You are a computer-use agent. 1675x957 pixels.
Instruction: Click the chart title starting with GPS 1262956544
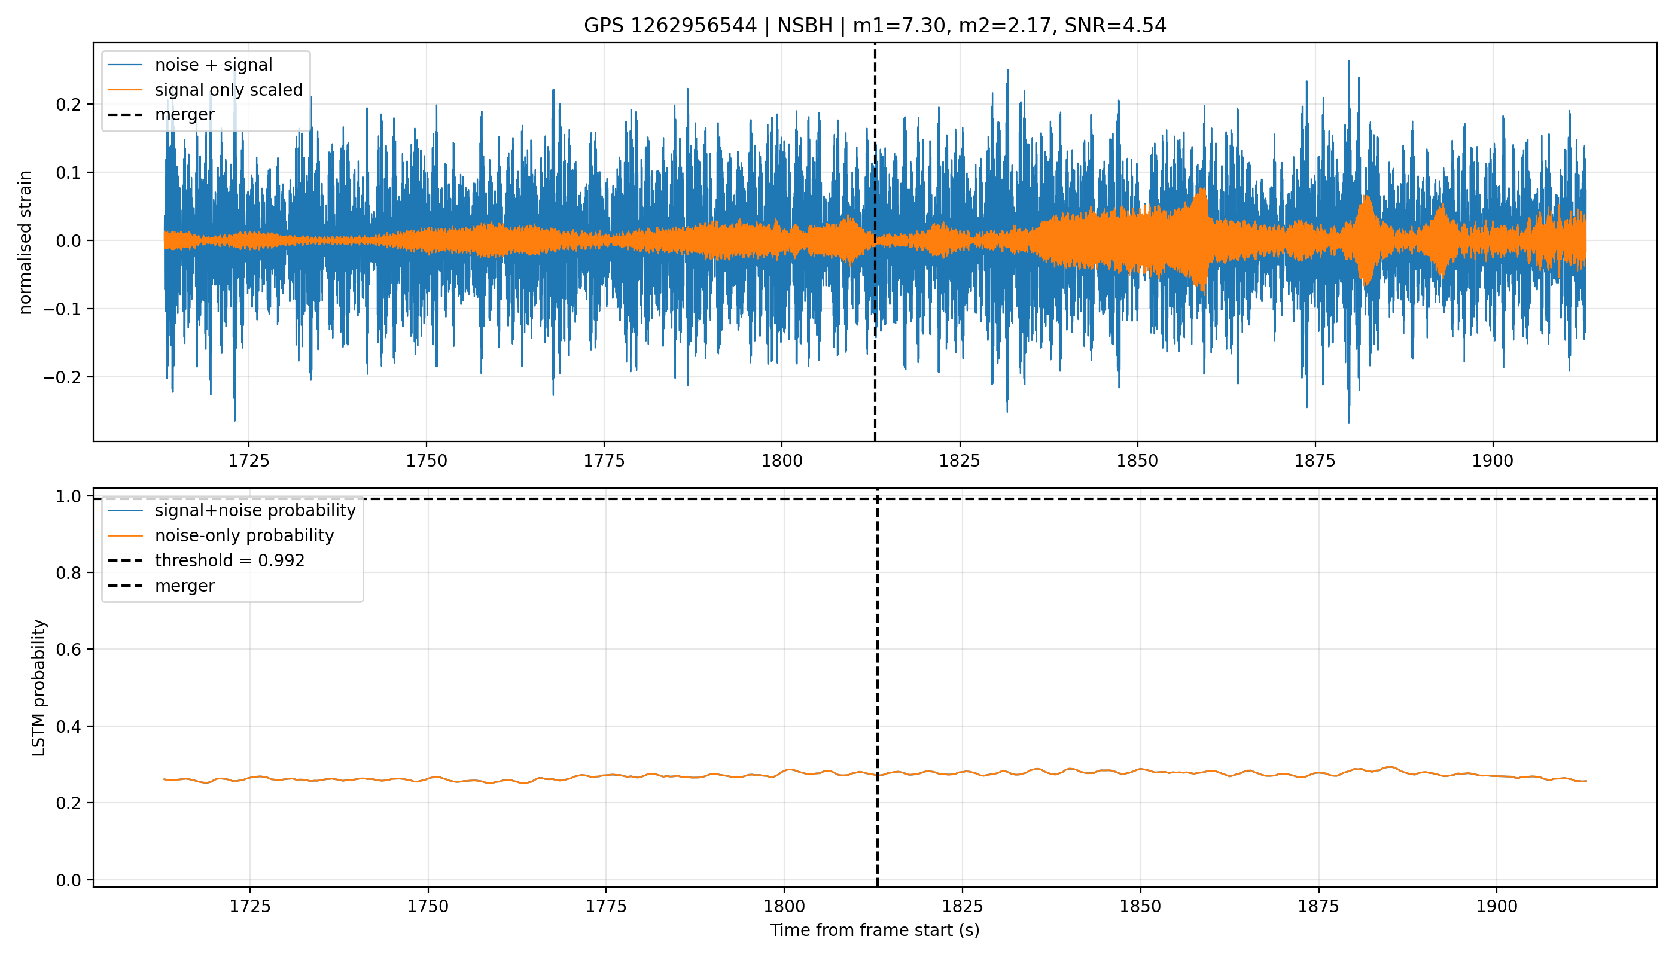pyautogui.click(x=875, y=26)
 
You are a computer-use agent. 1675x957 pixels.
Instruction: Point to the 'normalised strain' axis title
pyautogui.click(x=25, y=242)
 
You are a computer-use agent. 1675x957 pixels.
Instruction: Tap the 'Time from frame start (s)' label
pyautogui.click(x=875, y=931)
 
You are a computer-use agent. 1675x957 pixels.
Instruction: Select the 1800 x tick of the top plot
pyautogui.click(x=782, y=461)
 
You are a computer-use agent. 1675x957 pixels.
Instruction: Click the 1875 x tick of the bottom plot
pyautogui.click(x=1318, y=906)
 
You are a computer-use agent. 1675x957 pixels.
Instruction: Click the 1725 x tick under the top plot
pyautogui.click(x=248, y=461)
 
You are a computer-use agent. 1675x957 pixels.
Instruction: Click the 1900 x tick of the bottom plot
pyautogui.click(x=1496, y=906)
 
